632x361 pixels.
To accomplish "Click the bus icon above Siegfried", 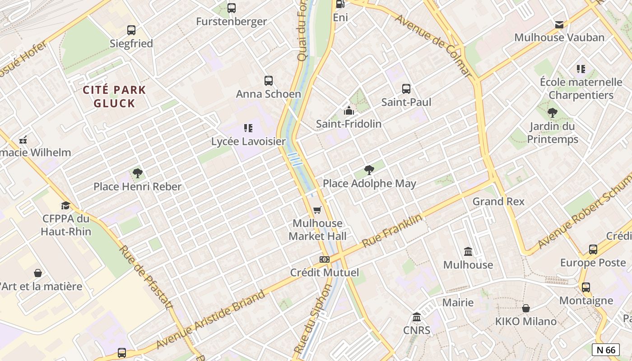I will (131, 30).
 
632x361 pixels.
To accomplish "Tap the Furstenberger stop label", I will (232, 21).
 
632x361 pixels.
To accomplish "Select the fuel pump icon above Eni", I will (340, 4).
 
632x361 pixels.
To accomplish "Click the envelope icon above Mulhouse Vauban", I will (559, 24).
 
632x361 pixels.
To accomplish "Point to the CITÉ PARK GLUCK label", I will (115, 96).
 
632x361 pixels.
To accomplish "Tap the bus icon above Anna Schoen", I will (269, 81).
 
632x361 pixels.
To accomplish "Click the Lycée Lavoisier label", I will (248, 141).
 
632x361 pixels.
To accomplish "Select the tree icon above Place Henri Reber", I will (138, 173).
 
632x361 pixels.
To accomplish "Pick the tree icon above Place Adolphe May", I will (369, 170).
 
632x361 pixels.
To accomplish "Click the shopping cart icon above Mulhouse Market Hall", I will (317, 210).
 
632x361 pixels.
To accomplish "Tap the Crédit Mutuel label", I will (324, 273).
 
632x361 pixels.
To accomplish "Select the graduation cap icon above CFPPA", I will (66, 206).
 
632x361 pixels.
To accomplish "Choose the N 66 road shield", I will (605, 350).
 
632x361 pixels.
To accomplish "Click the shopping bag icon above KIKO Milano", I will (526, 308).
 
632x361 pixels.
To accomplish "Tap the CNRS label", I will (417, 330).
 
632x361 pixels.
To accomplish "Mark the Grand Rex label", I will (498, 201).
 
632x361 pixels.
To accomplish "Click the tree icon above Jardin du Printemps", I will (552, 113).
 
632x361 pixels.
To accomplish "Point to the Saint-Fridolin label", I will (349, 124).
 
